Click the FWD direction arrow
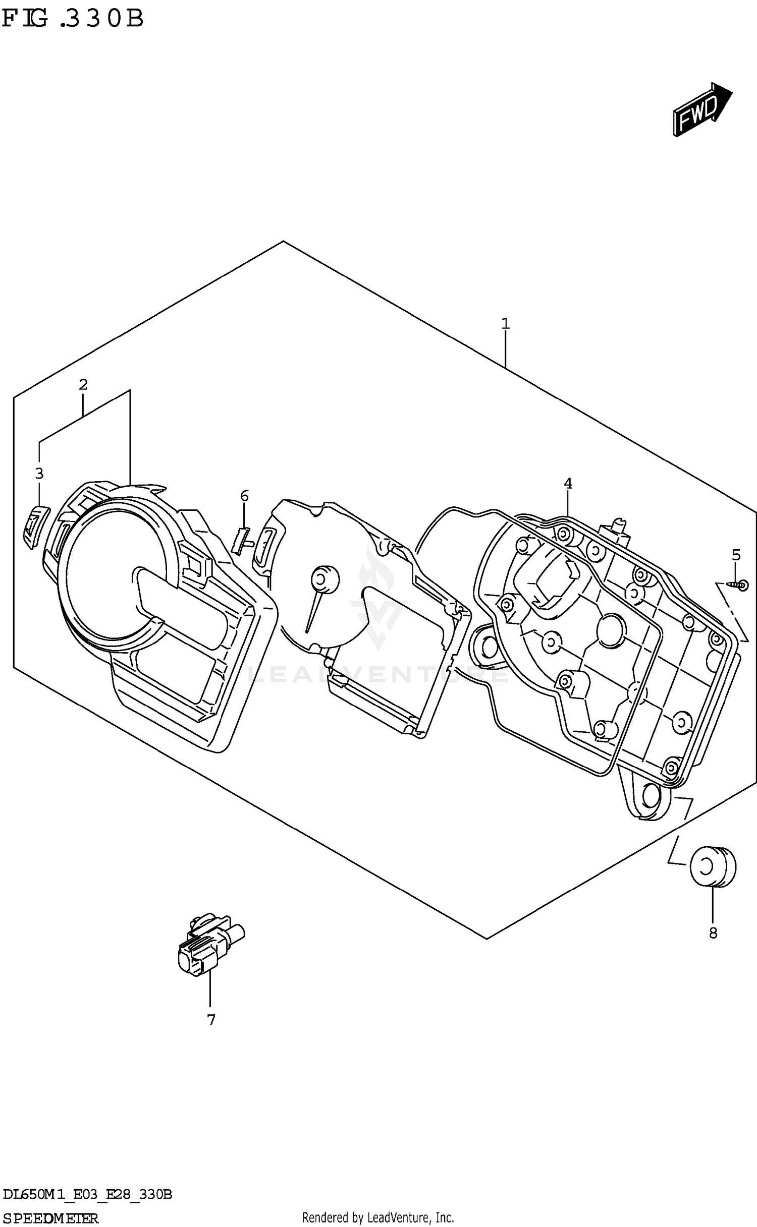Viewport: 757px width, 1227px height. [702, 109]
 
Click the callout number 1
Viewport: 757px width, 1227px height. [505, 324]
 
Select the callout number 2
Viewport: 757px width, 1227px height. [83, 385]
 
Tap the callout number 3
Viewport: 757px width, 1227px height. [39, 474]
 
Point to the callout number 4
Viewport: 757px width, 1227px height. [568, 484]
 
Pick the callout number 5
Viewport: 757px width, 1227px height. [736, 555]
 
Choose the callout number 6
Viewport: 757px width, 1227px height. [244, 496]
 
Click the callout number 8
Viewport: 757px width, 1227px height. [713, 933]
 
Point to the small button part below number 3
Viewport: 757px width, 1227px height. [34, 527]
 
